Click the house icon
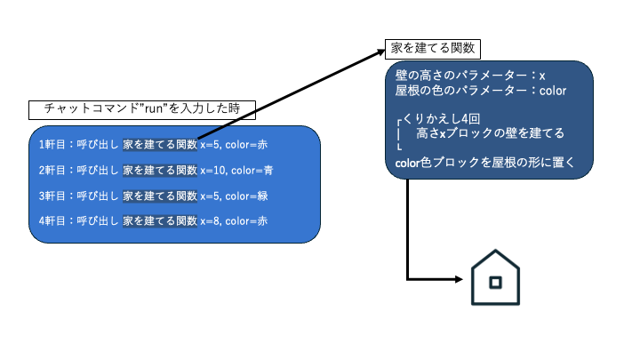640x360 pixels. click(497, 279)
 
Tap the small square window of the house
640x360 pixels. click(497, 283)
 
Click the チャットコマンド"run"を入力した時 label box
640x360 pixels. click(142, 110)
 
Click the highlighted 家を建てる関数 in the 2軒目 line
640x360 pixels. click(160, 169)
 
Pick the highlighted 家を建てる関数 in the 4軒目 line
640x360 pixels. click(160, 220)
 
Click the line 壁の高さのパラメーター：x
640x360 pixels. click(470, 76)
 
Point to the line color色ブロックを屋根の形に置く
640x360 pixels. click(484, 162)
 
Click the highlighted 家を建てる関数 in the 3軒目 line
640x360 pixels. click(160, 195)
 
